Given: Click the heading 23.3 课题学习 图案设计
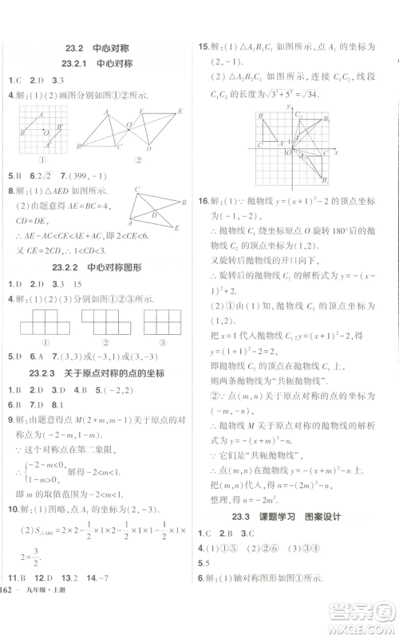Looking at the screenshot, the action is tap(295, 516).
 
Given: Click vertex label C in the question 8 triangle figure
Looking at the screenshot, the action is tap(137, 191).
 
